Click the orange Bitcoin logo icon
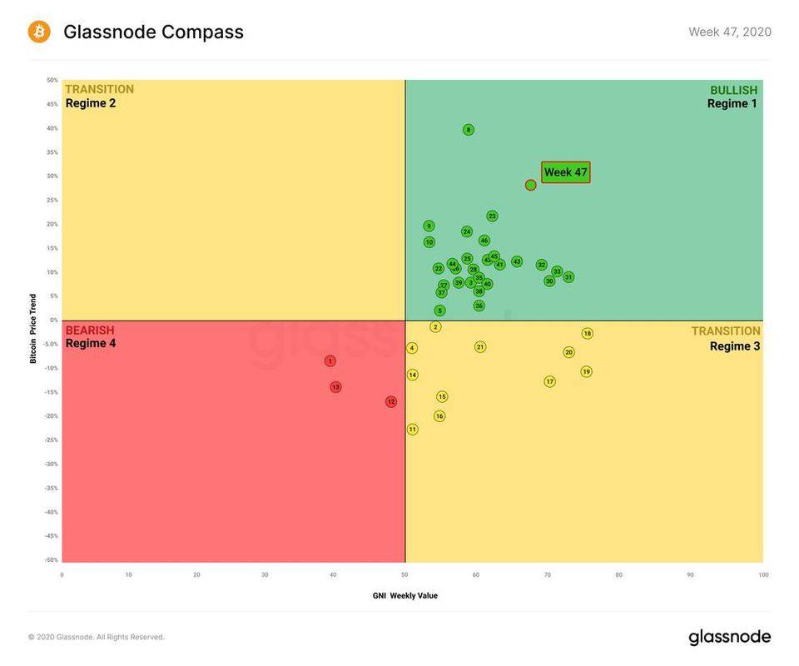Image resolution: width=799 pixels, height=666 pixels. tap(39, 32)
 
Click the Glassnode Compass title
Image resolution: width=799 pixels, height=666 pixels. tap(153, 32)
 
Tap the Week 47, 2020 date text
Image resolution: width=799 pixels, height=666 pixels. tap(729, 32)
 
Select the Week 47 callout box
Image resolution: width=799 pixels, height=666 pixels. tap(565, 172)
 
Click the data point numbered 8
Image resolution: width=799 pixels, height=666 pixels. tap(469, 130)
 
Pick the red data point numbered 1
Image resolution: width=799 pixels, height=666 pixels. tap(330, 361)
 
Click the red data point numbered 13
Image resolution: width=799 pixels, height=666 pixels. tap(335, 387)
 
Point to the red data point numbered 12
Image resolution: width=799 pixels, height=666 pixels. tap(391, 402)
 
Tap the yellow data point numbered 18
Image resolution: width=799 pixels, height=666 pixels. tap(587, 334)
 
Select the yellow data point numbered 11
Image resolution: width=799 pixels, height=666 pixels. tap(412, 430)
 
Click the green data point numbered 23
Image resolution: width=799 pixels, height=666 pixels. tap(492, 216)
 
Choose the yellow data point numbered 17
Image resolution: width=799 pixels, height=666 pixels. tap(549, 381)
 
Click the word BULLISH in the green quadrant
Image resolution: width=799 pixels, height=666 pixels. tap(733, 90)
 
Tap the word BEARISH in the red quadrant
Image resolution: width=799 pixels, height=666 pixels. tap(90, 331)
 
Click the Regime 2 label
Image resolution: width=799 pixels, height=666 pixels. tap(91, 103)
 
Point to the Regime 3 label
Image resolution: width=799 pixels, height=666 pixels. tap(735, 345)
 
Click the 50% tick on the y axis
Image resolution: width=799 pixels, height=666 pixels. tap(52, 81)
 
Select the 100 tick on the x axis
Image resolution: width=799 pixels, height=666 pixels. tap(762, 574)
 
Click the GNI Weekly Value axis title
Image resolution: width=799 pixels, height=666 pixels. tap(405, 595)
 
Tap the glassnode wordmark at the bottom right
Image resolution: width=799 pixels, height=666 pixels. tap(729, 638)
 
